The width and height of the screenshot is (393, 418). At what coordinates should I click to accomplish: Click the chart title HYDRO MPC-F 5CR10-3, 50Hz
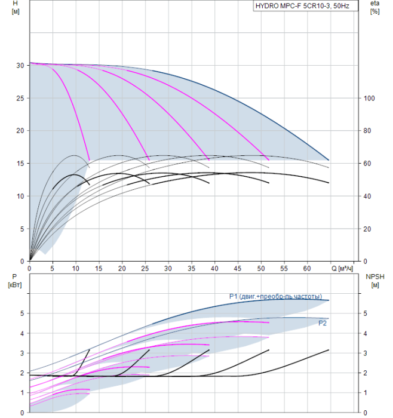point(302,6)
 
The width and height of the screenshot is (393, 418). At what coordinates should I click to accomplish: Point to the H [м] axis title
point(16,7)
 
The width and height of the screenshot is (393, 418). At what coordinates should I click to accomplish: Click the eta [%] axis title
point(374,7)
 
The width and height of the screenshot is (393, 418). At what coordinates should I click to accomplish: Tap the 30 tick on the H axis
point(20,66)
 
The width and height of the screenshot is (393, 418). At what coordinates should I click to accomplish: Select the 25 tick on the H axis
point(20,99)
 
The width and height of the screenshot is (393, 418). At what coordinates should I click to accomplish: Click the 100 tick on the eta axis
point(369,99)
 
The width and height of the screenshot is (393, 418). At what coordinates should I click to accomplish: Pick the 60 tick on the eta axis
point(367,164)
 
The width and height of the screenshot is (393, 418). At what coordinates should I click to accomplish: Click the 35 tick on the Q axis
point(191,269)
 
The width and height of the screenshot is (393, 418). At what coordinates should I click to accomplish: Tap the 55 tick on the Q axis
point(284,269)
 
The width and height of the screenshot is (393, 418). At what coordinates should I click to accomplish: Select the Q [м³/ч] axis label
point(342,269)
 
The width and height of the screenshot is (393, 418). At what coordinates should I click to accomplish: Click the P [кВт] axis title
point(15,281)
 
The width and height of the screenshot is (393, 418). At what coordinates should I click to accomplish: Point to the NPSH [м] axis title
point(375,281)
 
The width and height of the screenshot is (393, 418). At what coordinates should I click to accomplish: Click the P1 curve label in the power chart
point(275,296)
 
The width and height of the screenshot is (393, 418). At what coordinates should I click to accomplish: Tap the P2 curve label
point(323,324)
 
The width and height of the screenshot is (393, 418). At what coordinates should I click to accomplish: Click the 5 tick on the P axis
point(22,314)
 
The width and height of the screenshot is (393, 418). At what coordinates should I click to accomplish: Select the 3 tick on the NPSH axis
point(366,354)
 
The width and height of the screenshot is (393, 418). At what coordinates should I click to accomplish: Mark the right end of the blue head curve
point(328,160)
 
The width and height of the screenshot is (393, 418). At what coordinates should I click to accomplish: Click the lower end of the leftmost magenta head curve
point(90,160)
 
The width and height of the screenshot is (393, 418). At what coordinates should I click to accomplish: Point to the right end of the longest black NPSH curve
point(328,350)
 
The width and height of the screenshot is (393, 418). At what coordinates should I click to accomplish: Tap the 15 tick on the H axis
point(20,164)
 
